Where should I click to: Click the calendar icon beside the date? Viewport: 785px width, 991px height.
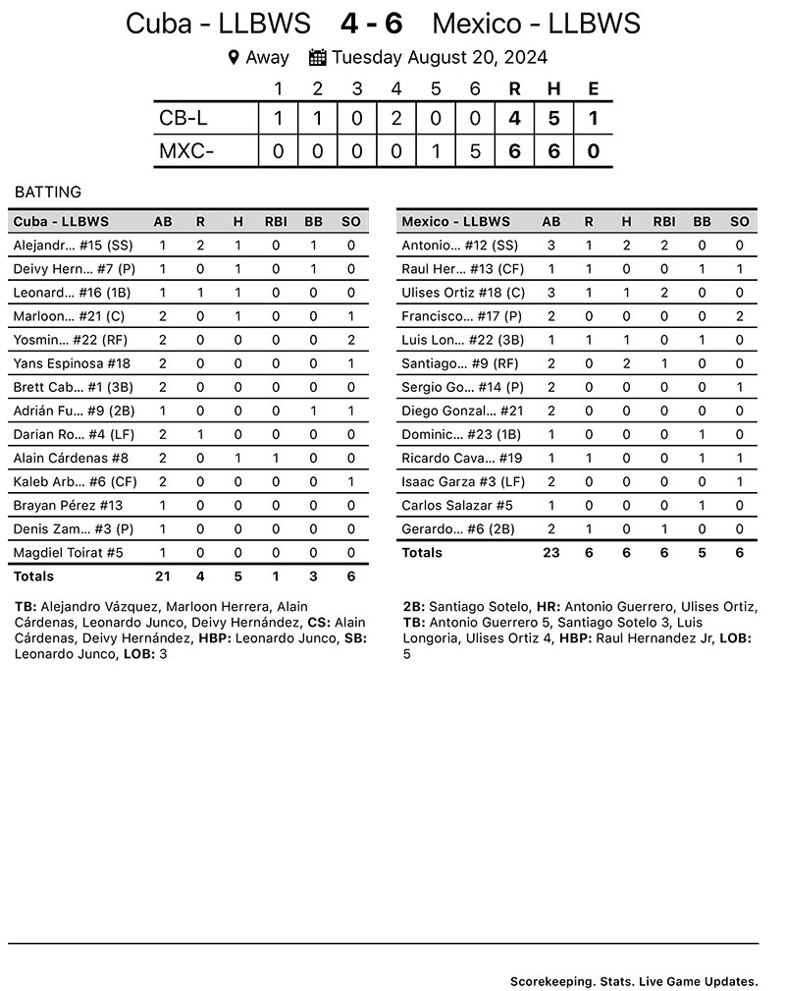coord(317,57)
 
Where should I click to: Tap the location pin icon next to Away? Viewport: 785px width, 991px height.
coord(234,57)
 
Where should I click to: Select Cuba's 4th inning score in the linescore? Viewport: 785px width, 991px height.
coord(395,120)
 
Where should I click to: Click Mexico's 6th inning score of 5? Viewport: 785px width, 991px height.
coord(475,152)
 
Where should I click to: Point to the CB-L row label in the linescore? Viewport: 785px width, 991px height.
coord(183,120)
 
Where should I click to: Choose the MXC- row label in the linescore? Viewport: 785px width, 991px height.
coord(186,152)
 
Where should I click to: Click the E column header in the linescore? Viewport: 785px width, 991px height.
coord(593,89)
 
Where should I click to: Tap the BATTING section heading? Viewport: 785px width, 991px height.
coord(48,193)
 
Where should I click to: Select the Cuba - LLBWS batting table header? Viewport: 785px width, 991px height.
coord(61,222)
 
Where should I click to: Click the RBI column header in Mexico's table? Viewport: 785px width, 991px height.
coord(664,222)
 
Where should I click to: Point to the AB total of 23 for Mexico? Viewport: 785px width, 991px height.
coord(551,553)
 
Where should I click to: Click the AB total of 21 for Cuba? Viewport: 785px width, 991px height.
coord(163,577)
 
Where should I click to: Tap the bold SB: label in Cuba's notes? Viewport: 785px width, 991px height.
coord(353,638)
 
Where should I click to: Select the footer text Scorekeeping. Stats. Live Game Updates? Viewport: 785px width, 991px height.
coord(634,981)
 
